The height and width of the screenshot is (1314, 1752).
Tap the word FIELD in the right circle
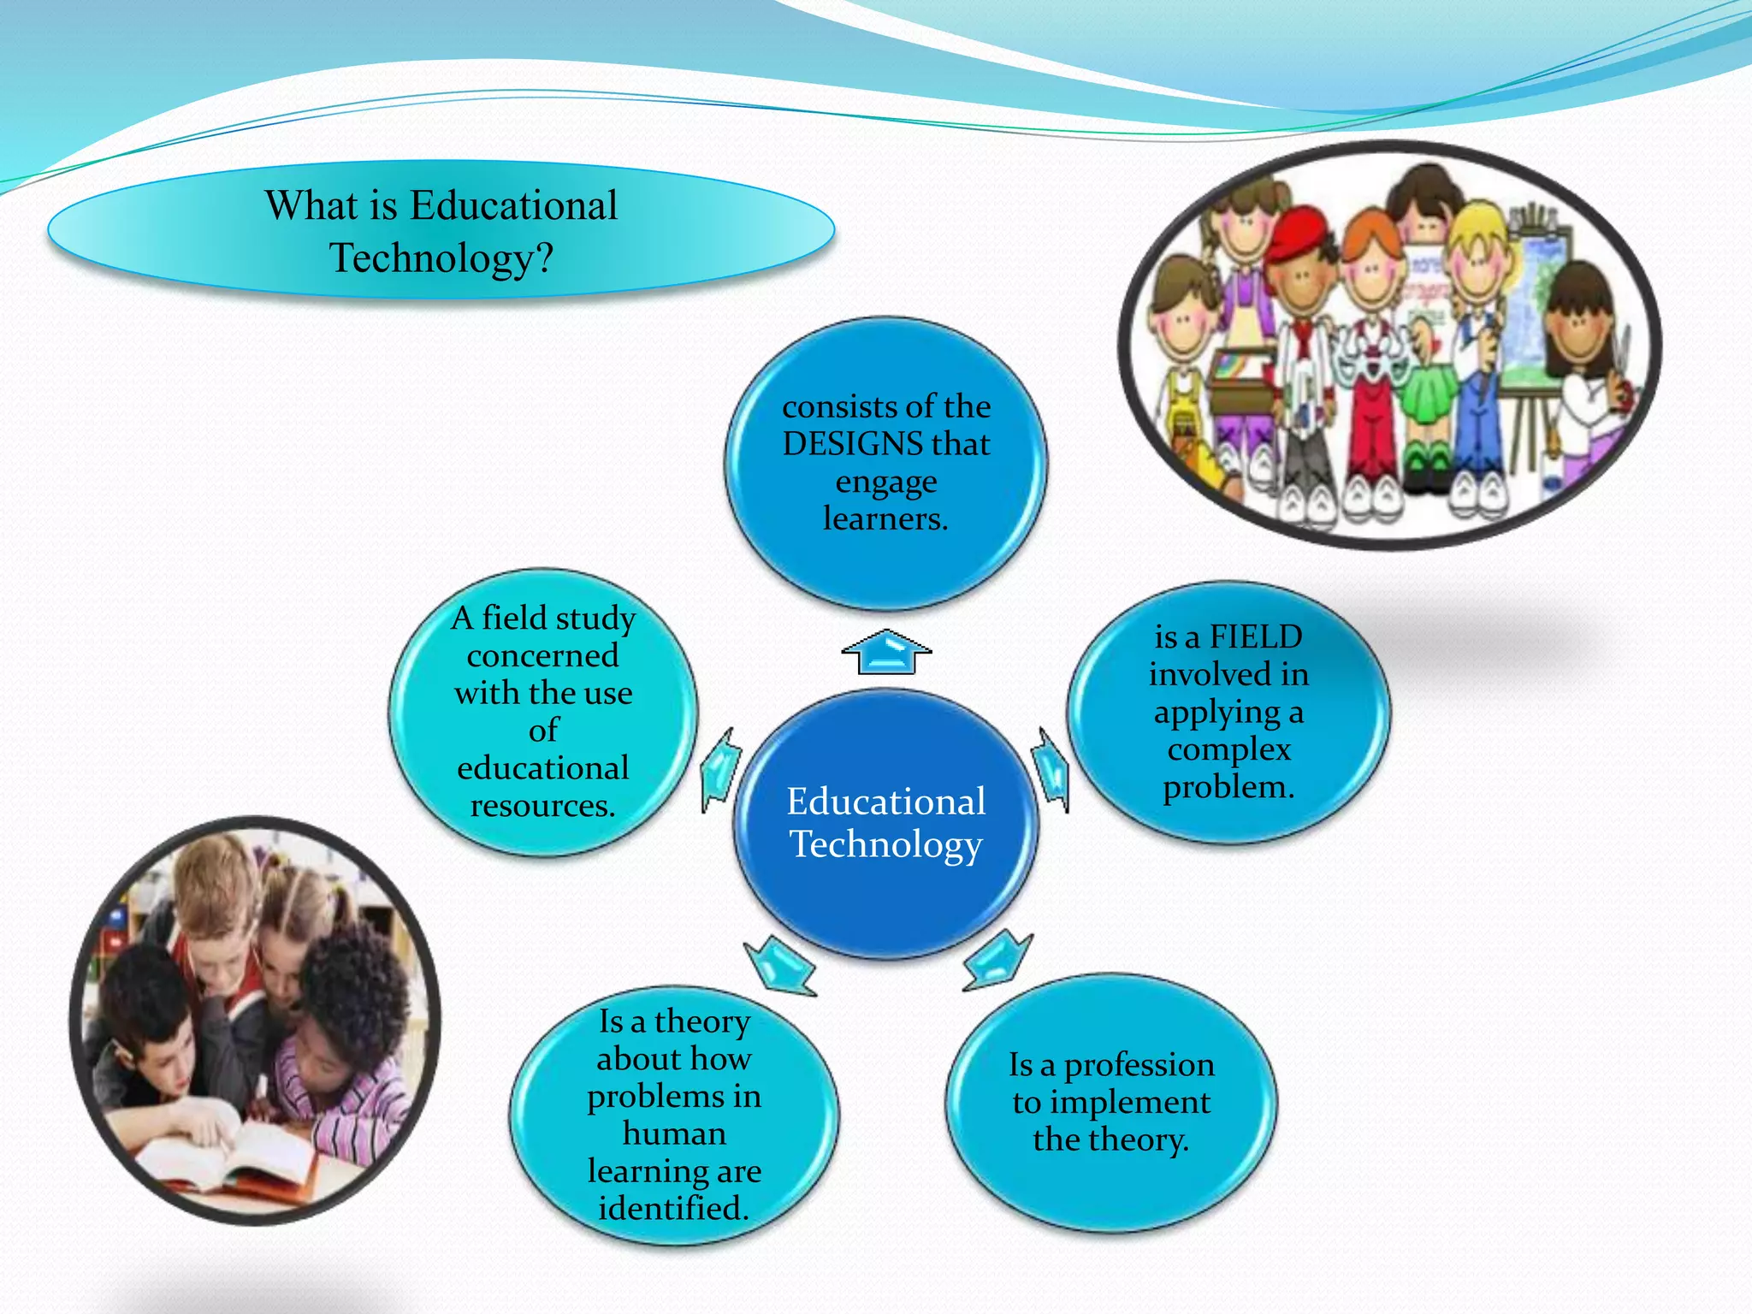(1255, 637)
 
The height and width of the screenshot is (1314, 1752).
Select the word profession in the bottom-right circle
(1139, 1066)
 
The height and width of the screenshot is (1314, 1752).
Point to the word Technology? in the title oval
(441, 258)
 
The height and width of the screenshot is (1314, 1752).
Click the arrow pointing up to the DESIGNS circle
(886, 653)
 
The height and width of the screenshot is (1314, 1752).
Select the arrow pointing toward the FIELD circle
(1051, 769)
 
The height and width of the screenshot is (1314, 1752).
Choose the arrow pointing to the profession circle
(997, 960)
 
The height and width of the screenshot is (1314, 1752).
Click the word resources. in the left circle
(542, 806)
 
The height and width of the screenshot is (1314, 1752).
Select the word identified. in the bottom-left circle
(673, 1209)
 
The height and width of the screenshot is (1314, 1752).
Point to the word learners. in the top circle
(885, 519)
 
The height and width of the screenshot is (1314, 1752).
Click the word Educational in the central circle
(885, 802)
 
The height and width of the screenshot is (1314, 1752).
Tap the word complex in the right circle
(1228, 750)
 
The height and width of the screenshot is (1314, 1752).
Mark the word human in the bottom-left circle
(674, 1133)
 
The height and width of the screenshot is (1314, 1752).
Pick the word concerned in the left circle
(542, 656)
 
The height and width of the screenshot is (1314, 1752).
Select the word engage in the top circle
(885, 482)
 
